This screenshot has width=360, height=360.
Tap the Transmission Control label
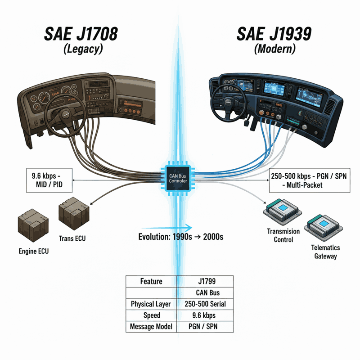[x=283, y=235]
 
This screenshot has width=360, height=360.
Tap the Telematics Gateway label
[x=325, y=252]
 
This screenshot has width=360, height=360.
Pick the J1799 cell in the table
[x=205, y=282]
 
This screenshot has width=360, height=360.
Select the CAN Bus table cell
[x=205, y=293]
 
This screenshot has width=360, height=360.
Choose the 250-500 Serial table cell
[x=205, y=304]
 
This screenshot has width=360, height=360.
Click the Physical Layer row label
[x=151, y=304]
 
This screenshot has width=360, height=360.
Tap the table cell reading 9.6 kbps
[x=205, y=315]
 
